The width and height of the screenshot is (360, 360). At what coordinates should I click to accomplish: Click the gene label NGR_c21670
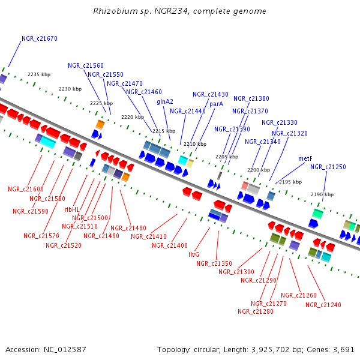pyautogui.click(x=40, y=38)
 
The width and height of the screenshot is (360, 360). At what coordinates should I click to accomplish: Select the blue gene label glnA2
pyautogui.click(x=165, y=102)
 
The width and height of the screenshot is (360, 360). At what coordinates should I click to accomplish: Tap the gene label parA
pyautogui.click(x=216, y=104)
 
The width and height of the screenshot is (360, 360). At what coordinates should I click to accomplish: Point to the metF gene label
pyautogui.click(x=305, y=158)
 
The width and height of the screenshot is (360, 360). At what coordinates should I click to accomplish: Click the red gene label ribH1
pyautogui.click(x=71, y=209)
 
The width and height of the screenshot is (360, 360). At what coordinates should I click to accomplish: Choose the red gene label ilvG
pyautogui.click(x=194, y=254)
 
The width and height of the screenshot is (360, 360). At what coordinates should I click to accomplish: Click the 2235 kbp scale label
pyautogui.click(x=38, y=75)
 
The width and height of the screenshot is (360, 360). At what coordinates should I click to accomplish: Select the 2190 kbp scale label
pyautogui.click(x=322, y=194)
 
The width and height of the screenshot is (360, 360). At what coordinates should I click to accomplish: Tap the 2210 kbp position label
pyautogui.click(x=194, y=144)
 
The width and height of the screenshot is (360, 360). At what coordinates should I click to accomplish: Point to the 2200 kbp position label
pyautogui.click(x=259, y=170)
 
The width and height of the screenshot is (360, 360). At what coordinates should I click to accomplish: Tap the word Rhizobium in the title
pyautogui.click(x=113, y=11)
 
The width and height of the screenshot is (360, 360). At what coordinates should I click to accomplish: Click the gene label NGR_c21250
pyautogui.click(x=328, y=167)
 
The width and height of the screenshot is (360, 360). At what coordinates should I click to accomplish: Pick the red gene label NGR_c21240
pyautogui.click(x=323, y=305)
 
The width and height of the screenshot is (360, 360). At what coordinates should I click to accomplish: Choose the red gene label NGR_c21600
pyautogui.click(x=26, y=189)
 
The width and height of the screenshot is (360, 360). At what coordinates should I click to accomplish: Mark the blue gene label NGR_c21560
pyautogui.click(x=86, y=65)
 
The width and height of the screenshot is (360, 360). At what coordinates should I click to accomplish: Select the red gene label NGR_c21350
pyautogui.click(x=214, y=263)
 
